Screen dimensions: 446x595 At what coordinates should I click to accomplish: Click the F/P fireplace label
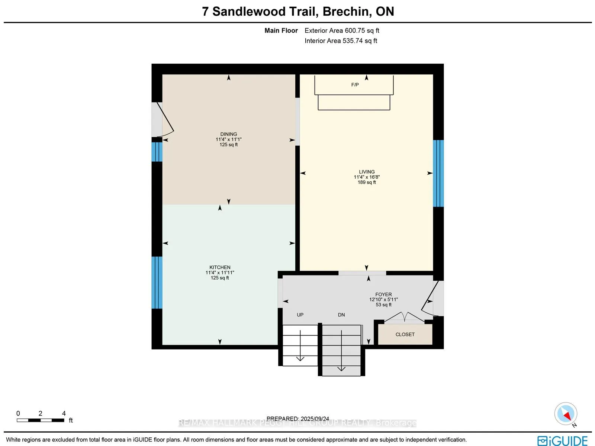tap(355, 85)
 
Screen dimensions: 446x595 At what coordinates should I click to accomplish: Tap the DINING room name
tap(228, 134)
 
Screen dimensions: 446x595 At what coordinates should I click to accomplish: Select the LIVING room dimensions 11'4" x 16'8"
tap(367, 177)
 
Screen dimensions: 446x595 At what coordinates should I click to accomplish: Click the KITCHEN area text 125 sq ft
tap(220, 278)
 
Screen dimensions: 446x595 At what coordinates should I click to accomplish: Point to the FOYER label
tap(383, 294)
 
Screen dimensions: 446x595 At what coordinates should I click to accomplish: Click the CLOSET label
tap(405, 334)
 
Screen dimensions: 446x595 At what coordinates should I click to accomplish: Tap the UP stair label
tap(300, 315)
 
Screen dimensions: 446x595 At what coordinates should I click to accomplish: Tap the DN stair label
tap(341, 315)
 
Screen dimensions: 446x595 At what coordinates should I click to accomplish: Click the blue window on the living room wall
tap(438, 173)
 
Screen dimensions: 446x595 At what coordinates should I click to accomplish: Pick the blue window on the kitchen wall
tap(157, 283)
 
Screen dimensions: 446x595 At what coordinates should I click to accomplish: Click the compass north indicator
tap(566, 414)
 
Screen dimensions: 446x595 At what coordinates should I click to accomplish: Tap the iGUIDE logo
tap(562, 441)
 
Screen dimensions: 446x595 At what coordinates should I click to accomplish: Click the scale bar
tap(40, 420)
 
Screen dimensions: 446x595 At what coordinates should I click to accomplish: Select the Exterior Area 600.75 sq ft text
tap(342, 31)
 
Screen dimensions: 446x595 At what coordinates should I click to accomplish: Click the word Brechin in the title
tap(345, 12)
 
